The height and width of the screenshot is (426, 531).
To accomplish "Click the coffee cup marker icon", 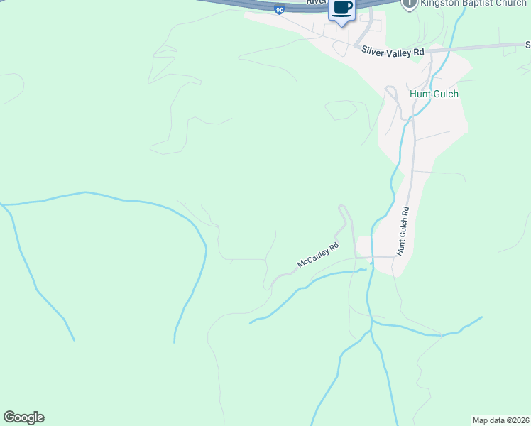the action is (x=341, y=9).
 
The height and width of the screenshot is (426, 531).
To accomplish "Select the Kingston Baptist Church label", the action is (x=473, y=4).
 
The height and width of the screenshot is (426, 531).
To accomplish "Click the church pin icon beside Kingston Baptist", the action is (x=409, y=4).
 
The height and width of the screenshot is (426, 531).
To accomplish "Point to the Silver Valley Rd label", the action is (x=393, y=52).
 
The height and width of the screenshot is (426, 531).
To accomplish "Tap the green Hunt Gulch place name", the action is (x=434, y=94).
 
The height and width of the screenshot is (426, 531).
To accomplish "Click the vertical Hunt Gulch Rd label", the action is (x=403, y=231).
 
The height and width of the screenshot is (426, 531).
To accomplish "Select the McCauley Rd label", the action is (x=317, y=256).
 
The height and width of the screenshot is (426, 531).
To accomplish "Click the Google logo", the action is (x=23, y=417).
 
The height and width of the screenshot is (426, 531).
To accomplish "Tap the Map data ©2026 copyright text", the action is (x=501, y=420).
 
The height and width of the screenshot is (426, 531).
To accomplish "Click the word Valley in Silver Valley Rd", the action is (x=398, y=52).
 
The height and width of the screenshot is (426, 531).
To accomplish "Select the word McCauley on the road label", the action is (x=313, y=258).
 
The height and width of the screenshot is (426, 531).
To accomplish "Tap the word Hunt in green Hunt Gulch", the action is (x=420, y=94).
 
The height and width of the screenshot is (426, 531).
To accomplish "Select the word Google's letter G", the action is (x=9, y=417).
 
